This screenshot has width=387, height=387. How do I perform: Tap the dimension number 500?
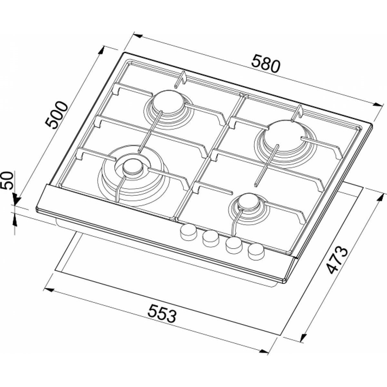(x=55, y=115)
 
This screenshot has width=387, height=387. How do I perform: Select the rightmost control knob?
(x=256, y=252)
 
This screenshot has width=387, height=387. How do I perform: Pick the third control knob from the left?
(x=234, y=245)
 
